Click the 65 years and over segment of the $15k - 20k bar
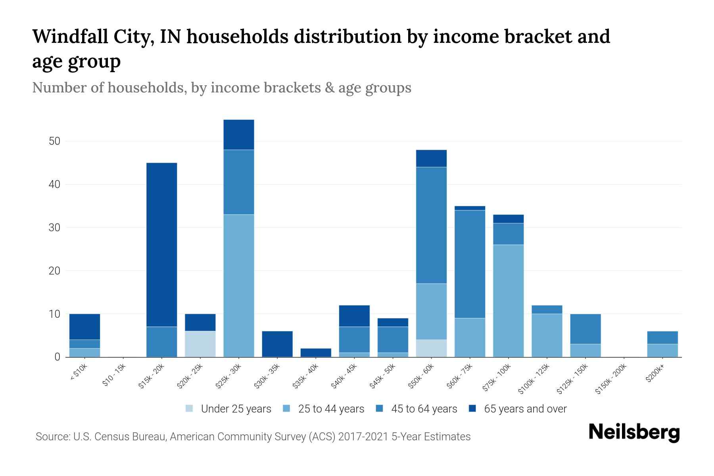[x=162, y=244]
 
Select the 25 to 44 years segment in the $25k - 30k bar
[x=239, y=286]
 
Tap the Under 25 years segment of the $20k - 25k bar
[x=200, y=344]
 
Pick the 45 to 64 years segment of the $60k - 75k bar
[x=470, y=264]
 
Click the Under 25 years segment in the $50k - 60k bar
[x=431, y=348]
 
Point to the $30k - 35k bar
[x=277, y=344]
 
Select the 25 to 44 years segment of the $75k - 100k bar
[x=508, y=301]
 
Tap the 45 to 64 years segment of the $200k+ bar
[x=662, y=338]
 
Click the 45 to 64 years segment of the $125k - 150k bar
[x=585, y=329]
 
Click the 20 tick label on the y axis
[x=55, y=271]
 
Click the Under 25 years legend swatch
[x=190, y=409]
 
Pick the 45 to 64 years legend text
[x=424, y=409]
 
